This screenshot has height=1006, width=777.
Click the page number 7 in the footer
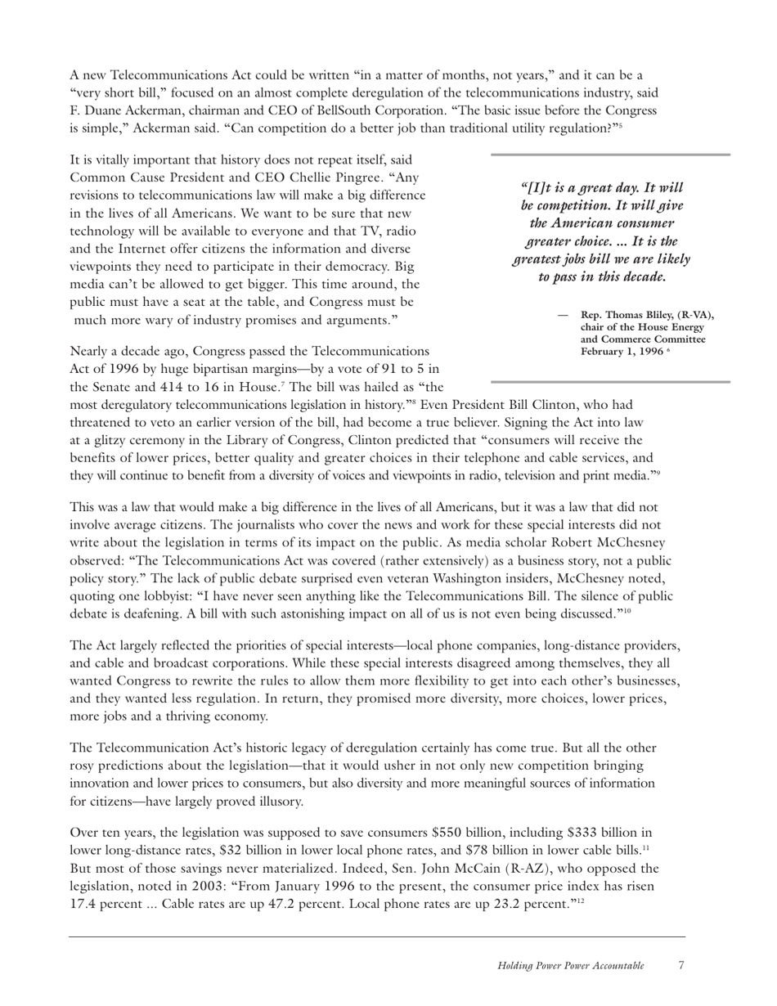[681, 965]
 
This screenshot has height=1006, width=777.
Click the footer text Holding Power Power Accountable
[570, 966]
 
